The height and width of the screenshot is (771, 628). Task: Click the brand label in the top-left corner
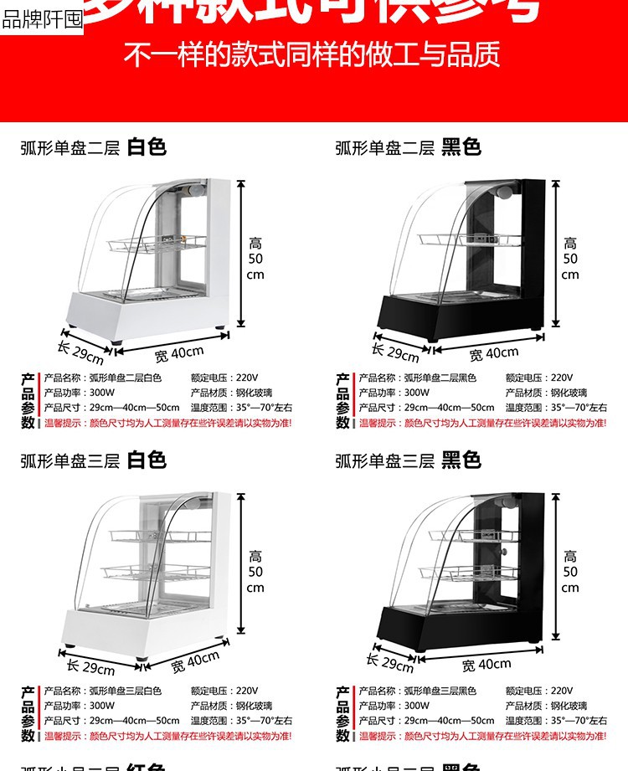tap(42, 19)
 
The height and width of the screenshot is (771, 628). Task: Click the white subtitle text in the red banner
tap(312, 55)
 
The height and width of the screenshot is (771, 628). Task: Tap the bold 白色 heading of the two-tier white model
tap(147, 148)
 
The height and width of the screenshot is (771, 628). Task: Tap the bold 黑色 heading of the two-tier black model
tap(461, 148)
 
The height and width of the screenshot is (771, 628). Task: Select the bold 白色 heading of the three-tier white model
tap(147, 460)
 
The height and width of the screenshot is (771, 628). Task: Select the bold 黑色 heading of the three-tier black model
tap(461, 460)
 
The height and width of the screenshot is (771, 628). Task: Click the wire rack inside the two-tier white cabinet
tap(157, 243)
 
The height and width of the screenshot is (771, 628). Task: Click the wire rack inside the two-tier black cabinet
tap(473, 240)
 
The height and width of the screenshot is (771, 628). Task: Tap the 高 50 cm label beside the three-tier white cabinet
tap(255, 572)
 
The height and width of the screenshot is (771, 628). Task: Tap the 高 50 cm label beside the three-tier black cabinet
tap(570, 572)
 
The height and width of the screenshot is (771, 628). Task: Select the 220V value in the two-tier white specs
tap(247, 378)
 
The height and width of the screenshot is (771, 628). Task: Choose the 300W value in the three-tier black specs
tap(416, 706)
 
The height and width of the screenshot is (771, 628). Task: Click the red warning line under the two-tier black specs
tap(482, 424)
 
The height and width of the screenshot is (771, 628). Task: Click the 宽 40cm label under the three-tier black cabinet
tap(486, 665)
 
